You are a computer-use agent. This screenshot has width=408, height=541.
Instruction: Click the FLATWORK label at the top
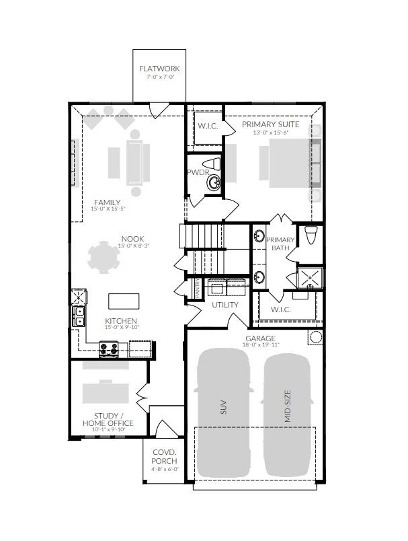coord(159,69)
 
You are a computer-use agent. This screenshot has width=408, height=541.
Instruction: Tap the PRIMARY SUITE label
coord(271,124)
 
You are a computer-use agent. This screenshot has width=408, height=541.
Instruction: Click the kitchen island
coord(123,300)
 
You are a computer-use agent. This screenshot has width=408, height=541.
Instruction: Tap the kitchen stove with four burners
coord(109,349)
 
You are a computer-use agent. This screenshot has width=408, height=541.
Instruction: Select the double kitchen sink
coord(79,316)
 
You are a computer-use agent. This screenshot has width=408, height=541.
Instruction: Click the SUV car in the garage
coord(222,409)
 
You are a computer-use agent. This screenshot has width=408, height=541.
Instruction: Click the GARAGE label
coord(260,338)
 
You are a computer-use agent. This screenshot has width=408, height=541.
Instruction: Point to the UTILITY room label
coord(225,305)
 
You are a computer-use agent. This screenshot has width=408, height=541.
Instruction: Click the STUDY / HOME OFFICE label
coord(108,419)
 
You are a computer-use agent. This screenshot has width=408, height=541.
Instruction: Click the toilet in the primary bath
coord(311,236)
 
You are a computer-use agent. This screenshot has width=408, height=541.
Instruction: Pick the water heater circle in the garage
coord(315,337)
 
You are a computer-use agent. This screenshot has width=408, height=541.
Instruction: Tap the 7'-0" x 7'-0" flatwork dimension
coord(159,77)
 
